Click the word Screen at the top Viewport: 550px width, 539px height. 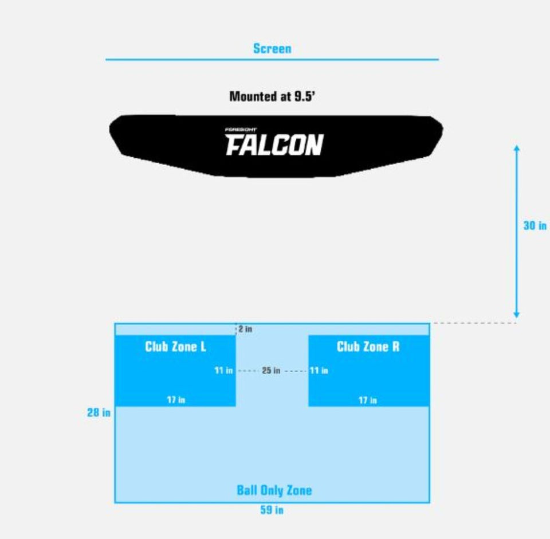272,49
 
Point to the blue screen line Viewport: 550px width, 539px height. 272,59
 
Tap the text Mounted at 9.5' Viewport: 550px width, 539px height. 272,96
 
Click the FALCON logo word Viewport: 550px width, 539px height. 274,145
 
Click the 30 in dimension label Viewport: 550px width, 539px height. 535,225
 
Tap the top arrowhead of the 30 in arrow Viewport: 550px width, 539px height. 516,149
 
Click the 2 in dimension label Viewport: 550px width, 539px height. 245,329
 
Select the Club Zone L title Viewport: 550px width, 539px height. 175,346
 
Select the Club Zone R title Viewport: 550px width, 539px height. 368,346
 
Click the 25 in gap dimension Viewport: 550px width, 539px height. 271,370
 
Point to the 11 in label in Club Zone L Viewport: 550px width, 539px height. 223,370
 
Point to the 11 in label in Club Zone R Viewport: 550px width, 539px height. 319,370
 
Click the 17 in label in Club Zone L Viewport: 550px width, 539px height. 176,400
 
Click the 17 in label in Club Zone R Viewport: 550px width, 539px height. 368,400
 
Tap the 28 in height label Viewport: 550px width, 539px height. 99,412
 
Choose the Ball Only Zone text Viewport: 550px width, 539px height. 274,490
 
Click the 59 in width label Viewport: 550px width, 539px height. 272,510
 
